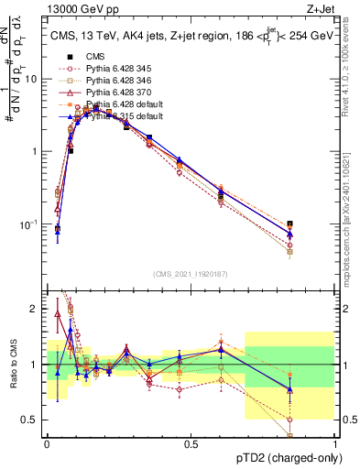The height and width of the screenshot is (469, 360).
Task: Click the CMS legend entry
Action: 95,57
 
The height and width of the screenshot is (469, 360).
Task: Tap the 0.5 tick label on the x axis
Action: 191,443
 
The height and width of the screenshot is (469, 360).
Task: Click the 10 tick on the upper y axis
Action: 33,79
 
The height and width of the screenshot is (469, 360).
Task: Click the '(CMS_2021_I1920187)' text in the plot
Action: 191,272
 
